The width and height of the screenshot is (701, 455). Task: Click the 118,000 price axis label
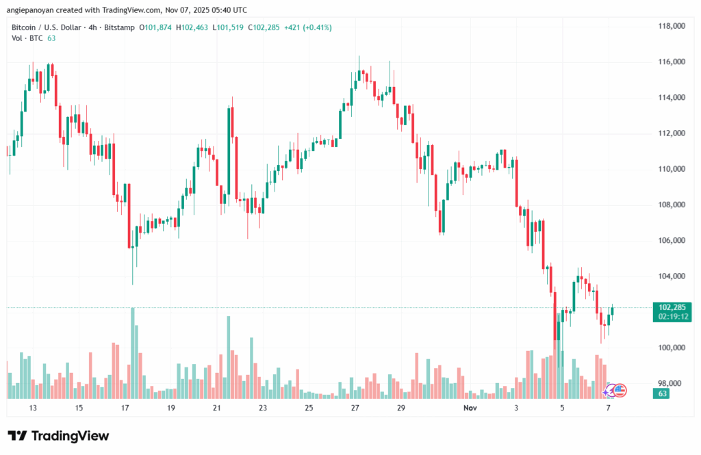(x=672, y=26)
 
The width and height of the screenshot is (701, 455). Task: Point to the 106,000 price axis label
(x=672, y=241)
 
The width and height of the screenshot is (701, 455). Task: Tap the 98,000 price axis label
(x=672, y=383)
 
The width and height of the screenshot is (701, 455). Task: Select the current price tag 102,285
(x=673, y=307)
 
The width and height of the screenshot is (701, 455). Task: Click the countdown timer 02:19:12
(x=673, y=317)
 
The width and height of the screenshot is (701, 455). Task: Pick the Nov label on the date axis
(x=469, y=408)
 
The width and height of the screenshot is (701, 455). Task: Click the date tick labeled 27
(x=355, y=408)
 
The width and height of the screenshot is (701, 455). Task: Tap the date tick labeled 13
(x=32, y=408)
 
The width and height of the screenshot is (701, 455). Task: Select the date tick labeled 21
(x=217, y=408)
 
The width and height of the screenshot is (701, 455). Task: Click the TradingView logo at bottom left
(x=58, y=436)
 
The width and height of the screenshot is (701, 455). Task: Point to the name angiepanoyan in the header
(x=32, y=10)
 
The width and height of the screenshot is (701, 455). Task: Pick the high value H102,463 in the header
(x=194, y=27)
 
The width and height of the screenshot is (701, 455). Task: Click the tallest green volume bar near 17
(x=132, y=352)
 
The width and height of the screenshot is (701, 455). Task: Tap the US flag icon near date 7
(x=620, y=390)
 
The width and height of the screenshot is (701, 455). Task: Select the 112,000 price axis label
(x=672, y=133)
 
